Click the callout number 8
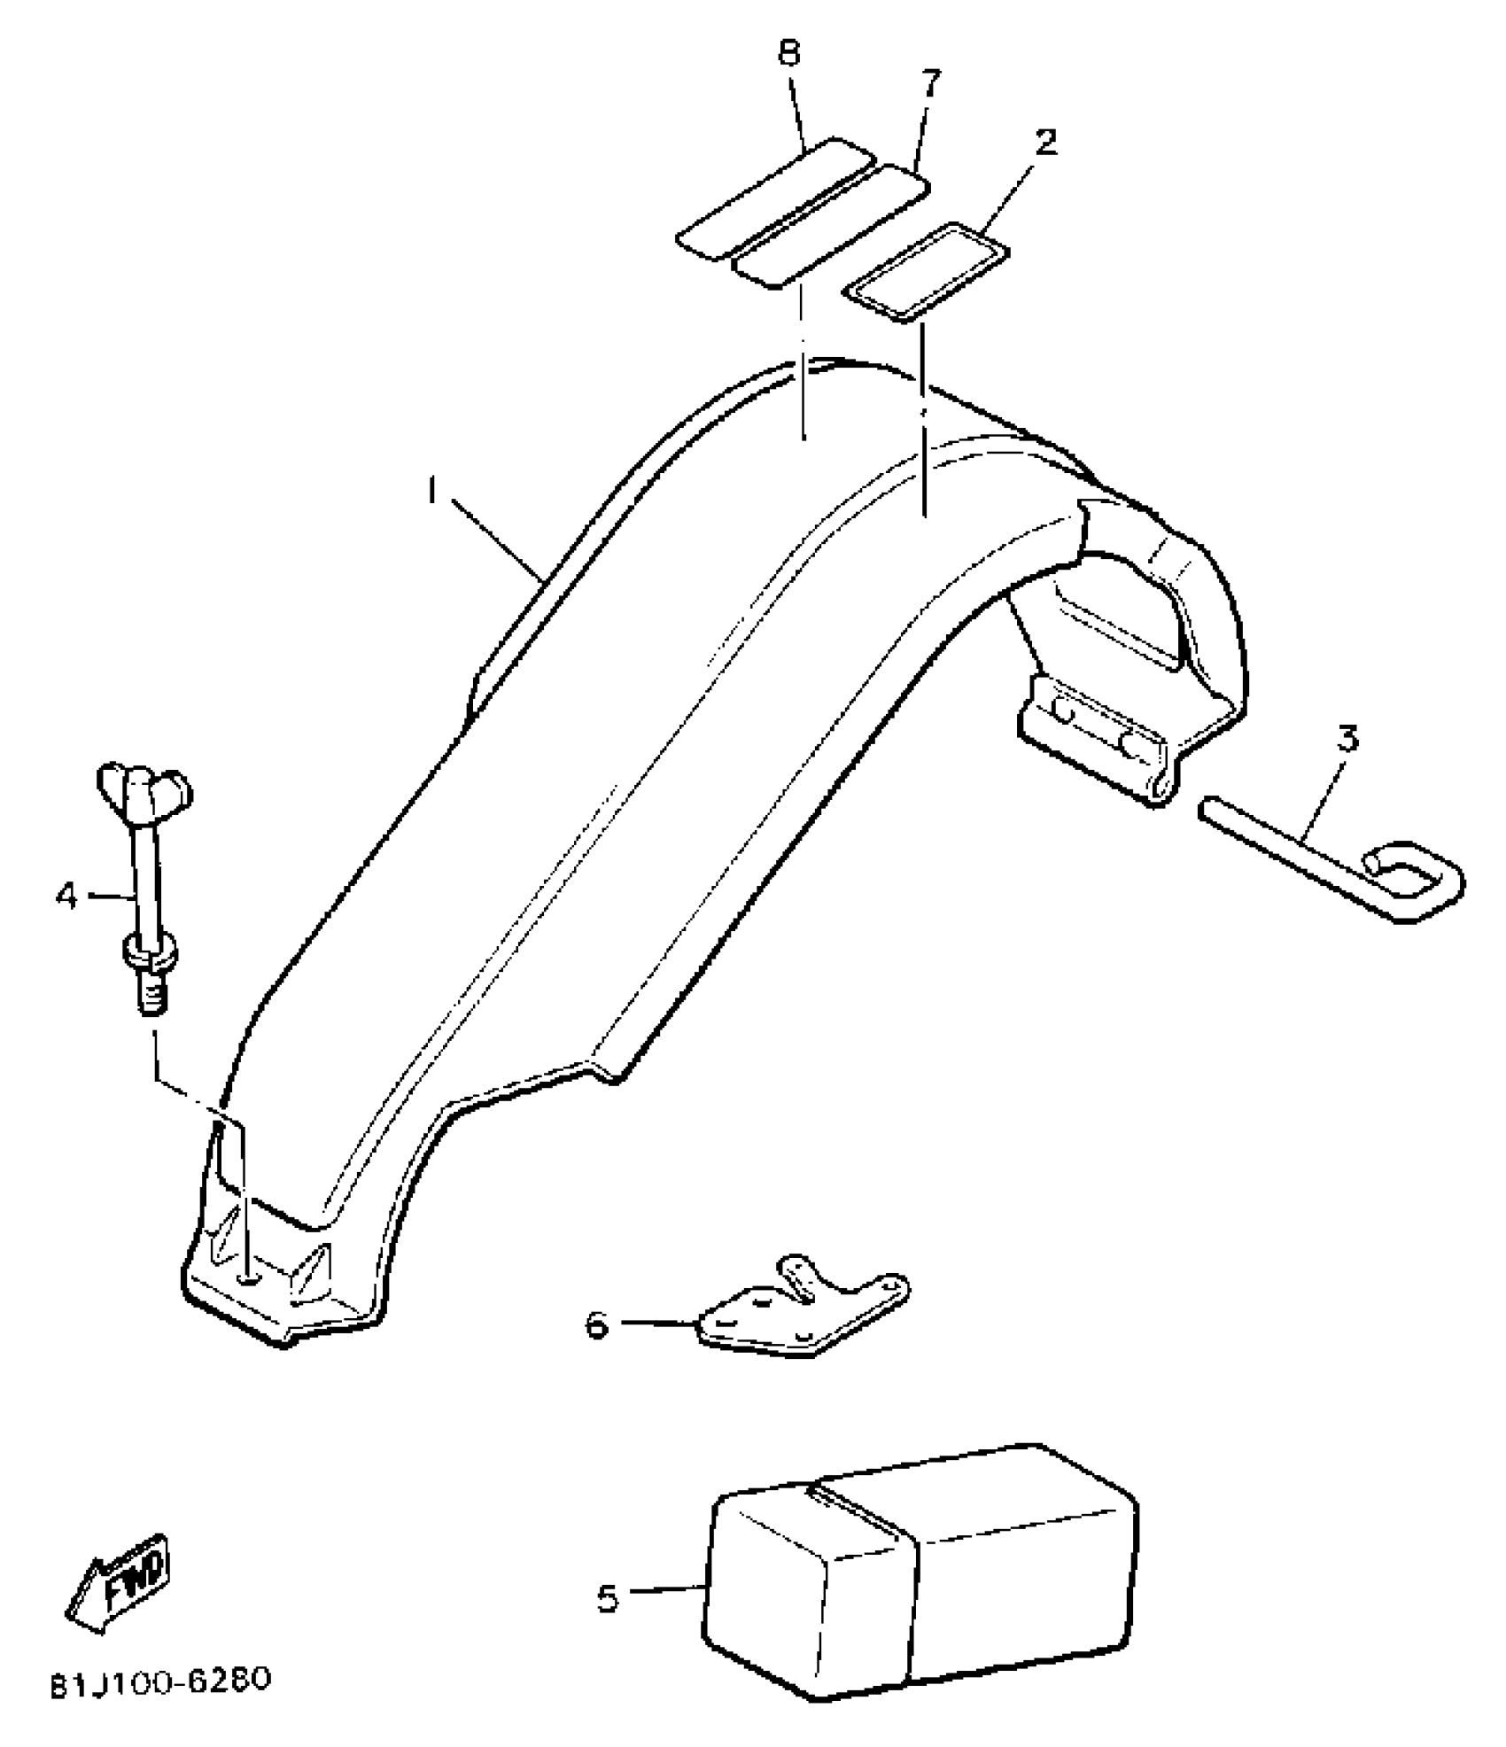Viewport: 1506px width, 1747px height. (788, 55)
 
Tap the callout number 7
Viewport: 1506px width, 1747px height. (928, 84)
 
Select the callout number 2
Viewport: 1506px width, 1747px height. (1046, 142)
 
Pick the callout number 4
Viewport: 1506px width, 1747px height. (66, 896)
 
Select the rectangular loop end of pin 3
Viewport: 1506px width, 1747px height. (1414, 881)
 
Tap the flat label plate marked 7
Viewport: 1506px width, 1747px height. (830, 227)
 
